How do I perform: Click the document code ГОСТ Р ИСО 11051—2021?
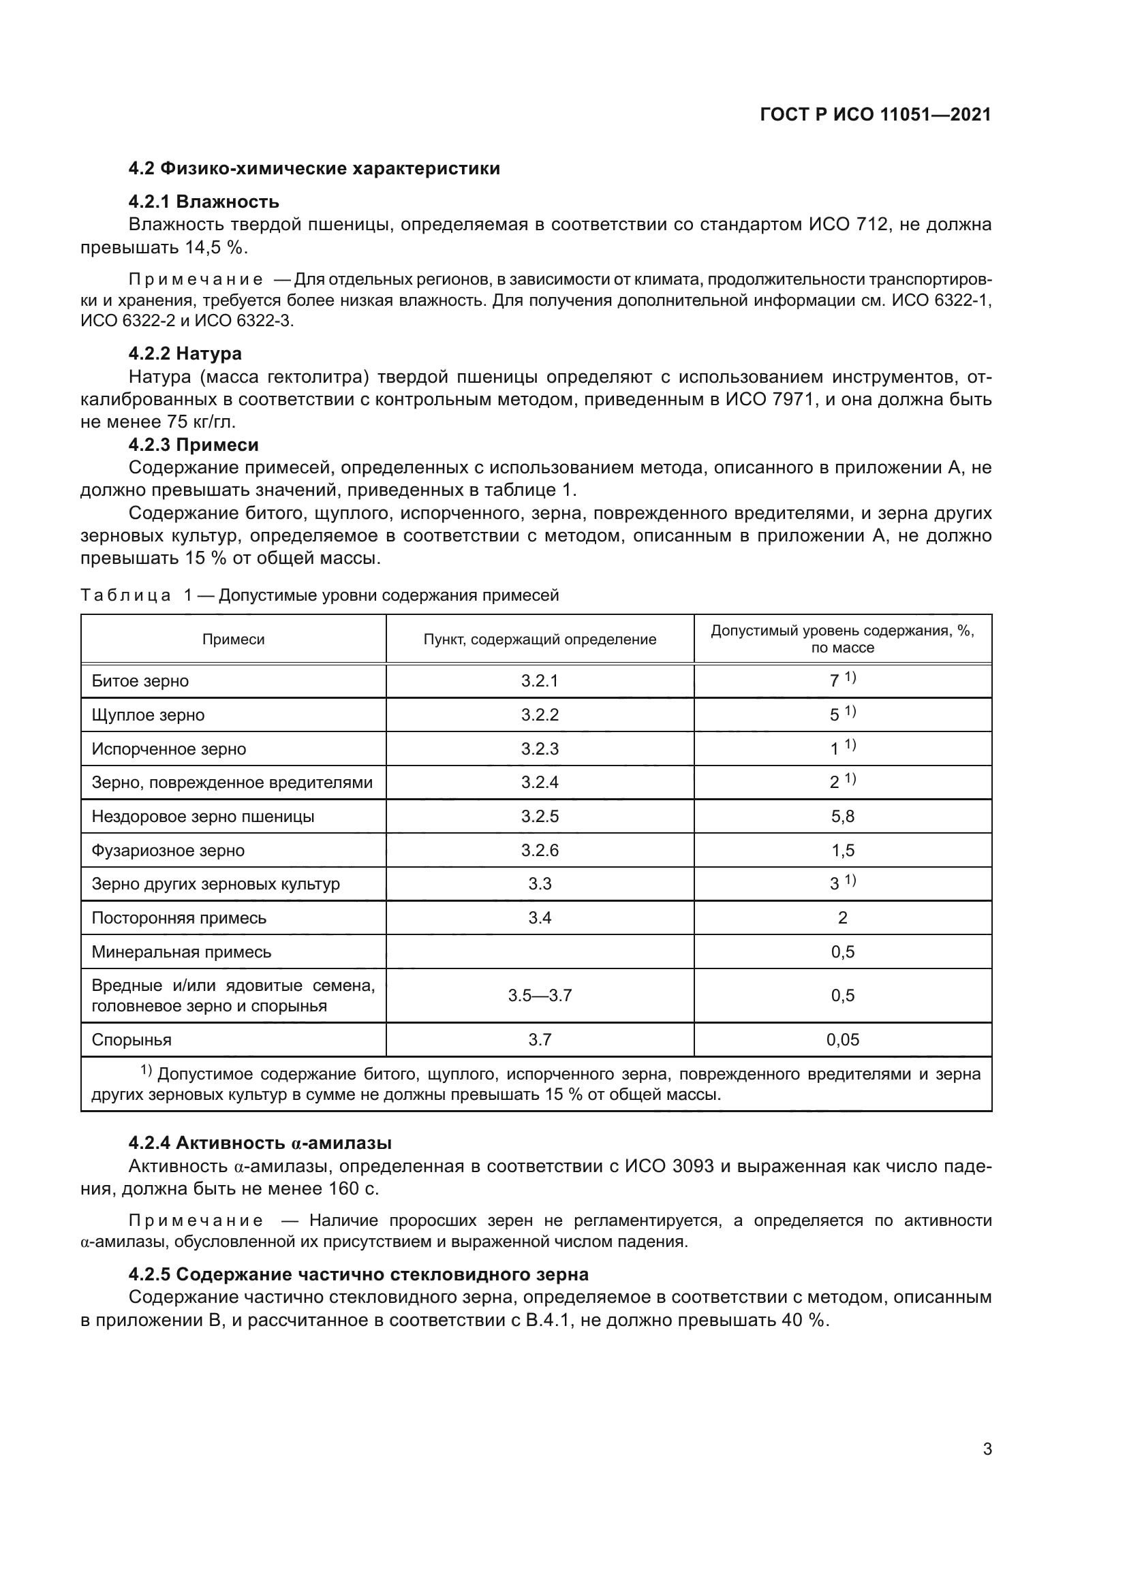point(875,114)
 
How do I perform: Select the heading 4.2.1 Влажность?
point(203,202)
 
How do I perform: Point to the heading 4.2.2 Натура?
point(185,354)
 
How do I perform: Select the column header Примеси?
point(233,640)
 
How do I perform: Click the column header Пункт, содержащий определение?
point(539,640)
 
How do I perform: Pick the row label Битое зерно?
point(140,681)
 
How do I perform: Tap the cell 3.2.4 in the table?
point(539,783)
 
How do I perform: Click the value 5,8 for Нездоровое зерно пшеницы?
point(842,817)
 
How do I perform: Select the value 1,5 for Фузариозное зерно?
point(842,851)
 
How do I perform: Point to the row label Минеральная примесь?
point(181,952)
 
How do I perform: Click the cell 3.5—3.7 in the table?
point(539,996)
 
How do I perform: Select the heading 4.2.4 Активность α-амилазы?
point(260,1143)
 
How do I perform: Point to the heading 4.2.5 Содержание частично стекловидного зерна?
point(358,1274)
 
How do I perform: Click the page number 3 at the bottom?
point(987,1449)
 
